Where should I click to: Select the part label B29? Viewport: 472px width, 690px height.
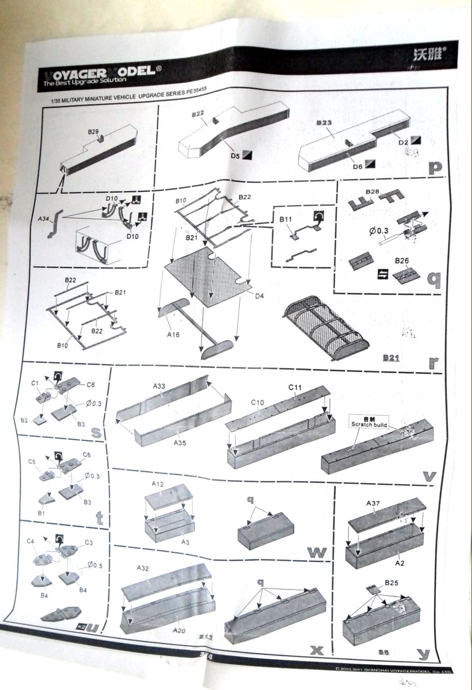click(94, 132)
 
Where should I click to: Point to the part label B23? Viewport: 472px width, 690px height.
click(325, 122)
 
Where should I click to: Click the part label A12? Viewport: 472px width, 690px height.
click(158, 484)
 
